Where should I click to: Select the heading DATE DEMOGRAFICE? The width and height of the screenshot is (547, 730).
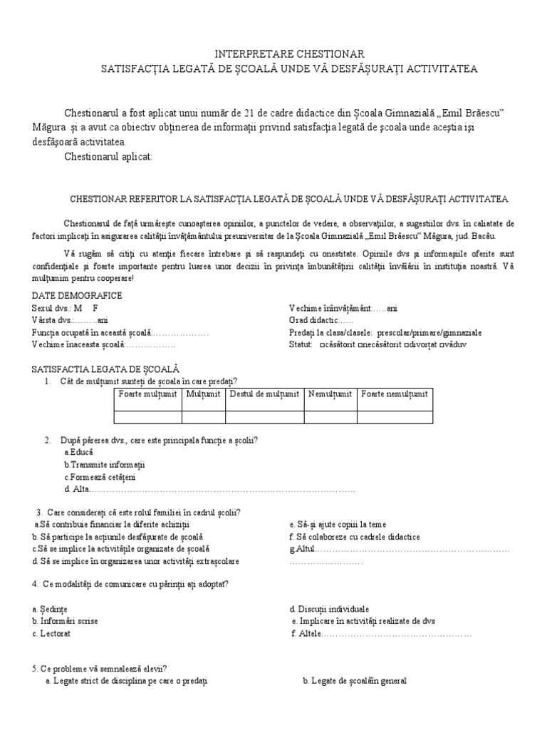pos(77,295)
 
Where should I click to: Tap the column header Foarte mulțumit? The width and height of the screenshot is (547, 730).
pos(148,394)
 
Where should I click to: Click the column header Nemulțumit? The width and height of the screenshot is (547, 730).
pos(330,394)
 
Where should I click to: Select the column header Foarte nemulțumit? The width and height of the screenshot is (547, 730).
pos(395,394)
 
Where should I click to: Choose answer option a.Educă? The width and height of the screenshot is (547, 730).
pos(78,452)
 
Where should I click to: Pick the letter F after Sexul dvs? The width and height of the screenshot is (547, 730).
pos(95,308)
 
